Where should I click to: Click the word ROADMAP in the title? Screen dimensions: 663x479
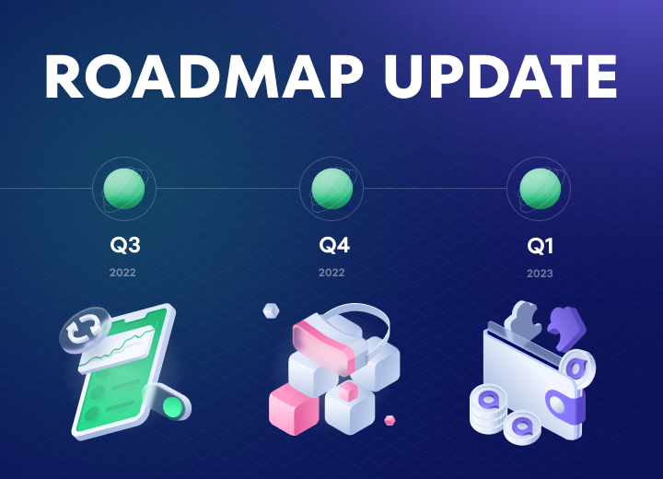coord(204,76)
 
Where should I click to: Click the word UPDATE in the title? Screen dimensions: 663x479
coord(501,76)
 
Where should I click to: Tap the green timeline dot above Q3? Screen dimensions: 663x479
coord(124,189)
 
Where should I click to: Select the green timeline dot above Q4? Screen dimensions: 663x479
coord(331,189)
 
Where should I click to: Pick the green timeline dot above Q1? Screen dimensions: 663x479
coord(540,189)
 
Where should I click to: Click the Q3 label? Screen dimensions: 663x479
coord(124,245)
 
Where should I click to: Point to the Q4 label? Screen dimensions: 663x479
coord(334,245)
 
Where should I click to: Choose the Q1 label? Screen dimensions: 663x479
coord(540,246)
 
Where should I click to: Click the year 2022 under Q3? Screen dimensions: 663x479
coord(122,273)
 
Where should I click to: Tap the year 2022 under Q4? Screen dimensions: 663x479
coord(331,273)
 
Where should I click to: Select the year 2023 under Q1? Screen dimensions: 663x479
coord(540,274)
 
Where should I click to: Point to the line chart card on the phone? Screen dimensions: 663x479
coord(117,350)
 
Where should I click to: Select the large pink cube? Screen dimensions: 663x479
coord(294,409)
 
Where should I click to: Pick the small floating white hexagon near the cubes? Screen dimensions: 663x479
coord(271,311)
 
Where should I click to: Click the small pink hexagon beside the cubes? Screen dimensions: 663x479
coord(390,421)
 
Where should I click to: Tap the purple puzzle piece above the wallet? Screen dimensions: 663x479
coord(566,328)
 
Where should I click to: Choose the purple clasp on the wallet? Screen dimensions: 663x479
coord(565,407)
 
